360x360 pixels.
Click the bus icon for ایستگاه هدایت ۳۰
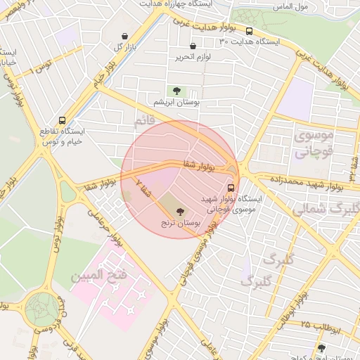pos(249,31)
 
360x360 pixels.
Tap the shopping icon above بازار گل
pos(124,36)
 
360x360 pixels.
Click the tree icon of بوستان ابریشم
pos(176,90)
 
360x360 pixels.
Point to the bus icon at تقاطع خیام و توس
pos(63,120)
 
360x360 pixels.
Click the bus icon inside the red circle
pos(231,188)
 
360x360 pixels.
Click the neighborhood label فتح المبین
pos(98,274)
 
